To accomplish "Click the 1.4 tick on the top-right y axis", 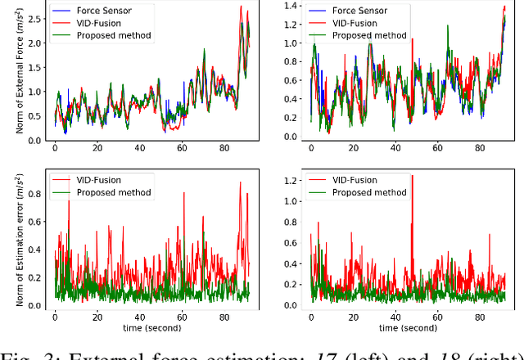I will click(x=292, y=5).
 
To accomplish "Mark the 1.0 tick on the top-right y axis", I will click(x=292, y=43).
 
